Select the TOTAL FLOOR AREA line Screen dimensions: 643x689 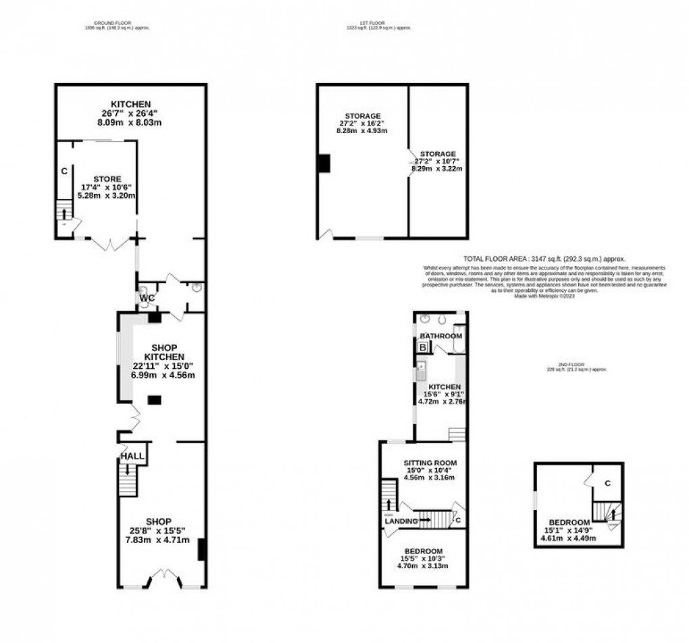point(544,259)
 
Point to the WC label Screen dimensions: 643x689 point(148,297)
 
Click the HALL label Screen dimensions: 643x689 point(132,457)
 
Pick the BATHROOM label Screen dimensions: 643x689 point(441,336)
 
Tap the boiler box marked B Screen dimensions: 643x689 point(424,347)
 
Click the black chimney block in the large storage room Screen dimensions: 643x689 point(324,163)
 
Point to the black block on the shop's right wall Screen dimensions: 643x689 point(201,549)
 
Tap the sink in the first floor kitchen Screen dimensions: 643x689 point(422,370)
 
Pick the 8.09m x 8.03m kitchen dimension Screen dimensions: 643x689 point(130,123)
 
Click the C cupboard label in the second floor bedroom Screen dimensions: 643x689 point(608,483)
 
